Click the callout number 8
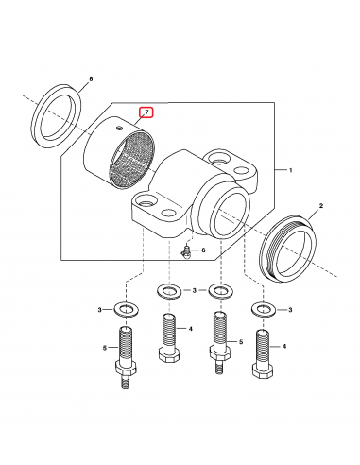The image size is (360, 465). [92, 79]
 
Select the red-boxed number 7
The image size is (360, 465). [146, 112]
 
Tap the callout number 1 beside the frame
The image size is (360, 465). [291, 170]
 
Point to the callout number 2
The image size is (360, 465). [321, 206]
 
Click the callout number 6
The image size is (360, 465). [203, 250]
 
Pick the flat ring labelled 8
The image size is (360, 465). [57, 115]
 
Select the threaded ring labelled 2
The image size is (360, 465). [289, 249]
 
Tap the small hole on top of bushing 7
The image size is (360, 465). [119, 128]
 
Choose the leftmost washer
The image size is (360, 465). [126, 309]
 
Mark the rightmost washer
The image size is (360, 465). [264, 309]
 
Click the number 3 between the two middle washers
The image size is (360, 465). [195, 290]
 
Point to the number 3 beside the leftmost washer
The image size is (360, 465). [100, 310]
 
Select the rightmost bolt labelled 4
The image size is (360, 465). [263, 353]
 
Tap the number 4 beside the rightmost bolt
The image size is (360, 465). [284, 346]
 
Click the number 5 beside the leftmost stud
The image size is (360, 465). [105, 348]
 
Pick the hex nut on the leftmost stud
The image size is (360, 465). [126, 368]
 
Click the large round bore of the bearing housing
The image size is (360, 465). [231, 215]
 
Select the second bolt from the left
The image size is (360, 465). [169, 338]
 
